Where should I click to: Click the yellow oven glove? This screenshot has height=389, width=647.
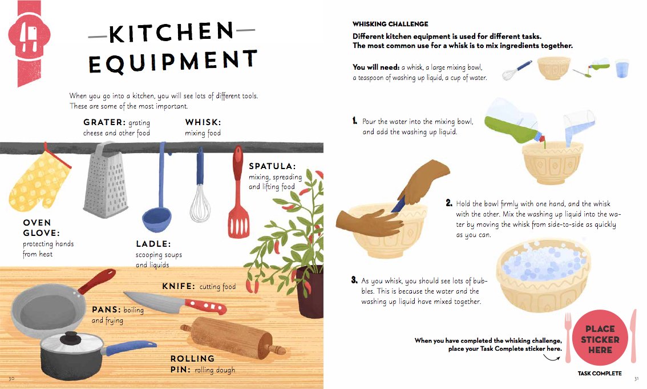[39, 181]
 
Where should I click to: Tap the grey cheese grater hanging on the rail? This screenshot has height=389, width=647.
[105, 180]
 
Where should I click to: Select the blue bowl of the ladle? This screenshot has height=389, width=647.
[156, 219]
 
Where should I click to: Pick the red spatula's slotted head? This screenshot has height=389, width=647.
[238, 223]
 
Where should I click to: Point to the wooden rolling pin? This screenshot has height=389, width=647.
[233, 336]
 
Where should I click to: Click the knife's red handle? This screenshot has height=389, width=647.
[205, 306]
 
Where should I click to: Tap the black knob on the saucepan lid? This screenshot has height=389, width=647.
[71, 338]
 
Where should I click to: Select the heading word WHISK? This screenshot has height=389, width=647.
[203, 122]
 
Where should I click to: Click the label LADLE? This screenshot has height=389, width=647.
[153, 244]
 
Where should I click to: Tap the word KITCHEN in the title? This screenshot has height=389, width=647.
[171, 32]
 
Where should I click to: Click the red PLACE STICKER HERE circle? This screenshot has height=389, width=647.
[600, 338]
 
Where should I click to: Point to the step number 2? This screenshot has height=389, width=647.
[449, 203]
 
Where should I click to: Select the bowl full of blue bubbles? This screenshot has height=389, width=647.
[543, 275]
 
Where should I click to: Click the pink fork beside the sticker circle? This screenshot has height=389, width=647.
[568, 337]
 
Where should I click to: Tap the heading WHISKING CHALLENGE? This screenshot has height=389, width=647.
[390, 24]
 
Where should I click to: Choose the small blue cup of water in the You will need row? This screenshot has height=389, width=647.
[622, 69]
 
